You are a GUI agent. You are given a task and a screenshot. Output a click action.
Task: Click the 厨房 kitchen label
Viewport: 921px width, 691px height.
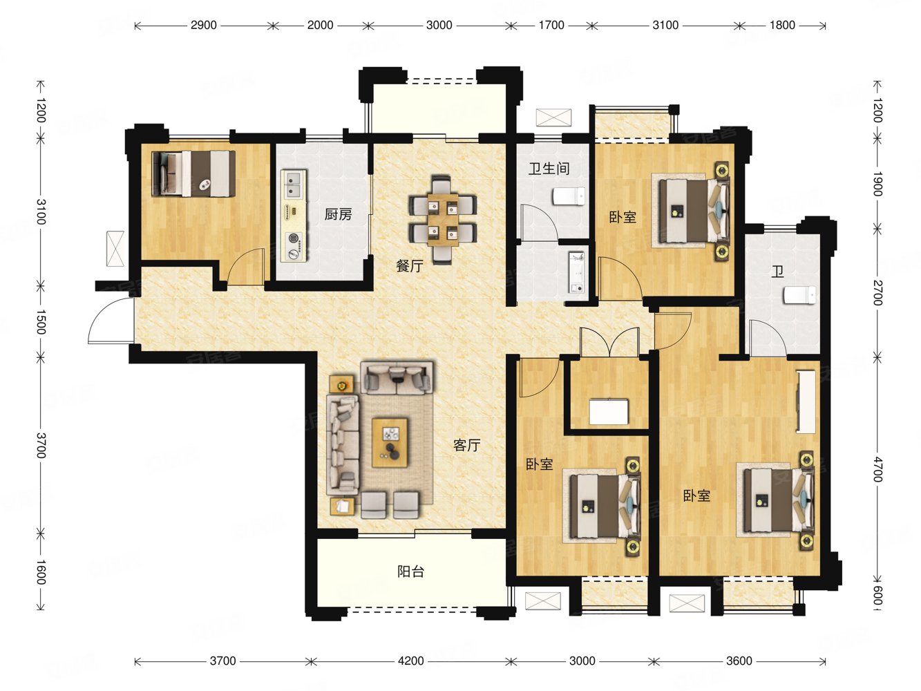pyautogui.click(x=338, y=215)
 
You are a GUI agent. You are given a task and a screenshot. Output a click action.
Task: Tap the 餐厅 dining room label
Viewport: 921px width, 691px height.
pyautogui.click(x=410, y=266)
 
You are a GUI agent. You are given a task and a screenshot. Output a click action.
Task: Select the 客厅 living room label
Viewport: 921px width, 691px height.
pyautogui.click(x=466, y=445)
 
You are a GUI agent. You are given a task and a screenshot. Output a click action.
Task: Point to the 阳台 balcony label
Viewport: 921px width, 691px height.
pyautogui.click(x=411, y=571)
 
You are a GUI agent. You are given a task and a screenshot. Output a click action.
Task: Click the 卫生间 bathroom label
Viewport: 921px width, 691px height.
pyautogui.click(x=549, y=169)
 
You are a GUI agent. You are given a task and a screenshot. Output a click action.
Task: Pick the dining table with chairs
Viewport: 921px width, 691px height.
pyautogui.click(x=443, y=220)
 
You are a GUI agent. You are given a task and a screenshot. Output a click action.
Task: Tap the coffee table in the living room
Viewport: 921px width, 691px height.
pyautogui.click(x=390, y=442)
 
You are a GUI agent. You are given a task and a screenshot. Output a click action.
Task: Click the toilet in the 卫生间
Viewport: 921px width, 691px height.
pyautogui.click(x=569, y=196)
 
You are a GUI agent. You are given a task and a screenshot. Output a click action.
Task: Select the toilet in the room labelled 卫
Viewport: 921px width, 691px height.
pyautogui.click(x=799, y=295)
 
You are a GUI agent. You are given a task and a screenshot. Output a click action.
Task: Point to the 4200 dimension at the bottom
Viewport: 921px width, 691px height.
pyautogui.click(x=411, y=661)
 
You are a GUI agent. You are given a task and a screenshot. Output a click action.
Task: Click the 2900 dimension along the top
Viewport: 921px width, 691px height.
pyautogui.click(x=204, y=25)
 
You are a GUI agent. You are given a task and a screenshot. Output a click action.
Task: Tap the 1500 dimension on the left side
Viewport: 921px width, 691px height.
pyautogui.click(x=40, y=322)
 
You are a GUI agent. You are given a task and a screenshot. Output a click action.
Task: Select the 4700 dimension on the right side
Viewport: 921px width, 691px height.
pyautogui.click(x=876, y=470)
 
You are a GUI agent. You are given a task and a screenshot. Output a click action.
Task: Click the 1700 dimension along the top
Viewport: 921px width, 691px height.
pyautogui.click(x=551, y=25)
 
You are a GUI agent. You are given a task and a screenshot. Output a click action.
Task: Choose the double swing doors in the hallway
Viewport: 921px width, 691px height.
pyautogui.click(x=609, y=343)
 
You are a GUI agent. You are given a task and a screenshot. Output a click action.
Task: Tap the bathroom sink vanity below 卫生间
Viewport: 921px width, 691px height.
pyautogui.click(x=576, y=272)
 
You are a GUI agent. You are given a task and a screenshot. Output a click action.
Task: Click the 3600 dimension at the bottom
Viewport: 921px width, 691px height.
pyautogui.click(x=739, y=661)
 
